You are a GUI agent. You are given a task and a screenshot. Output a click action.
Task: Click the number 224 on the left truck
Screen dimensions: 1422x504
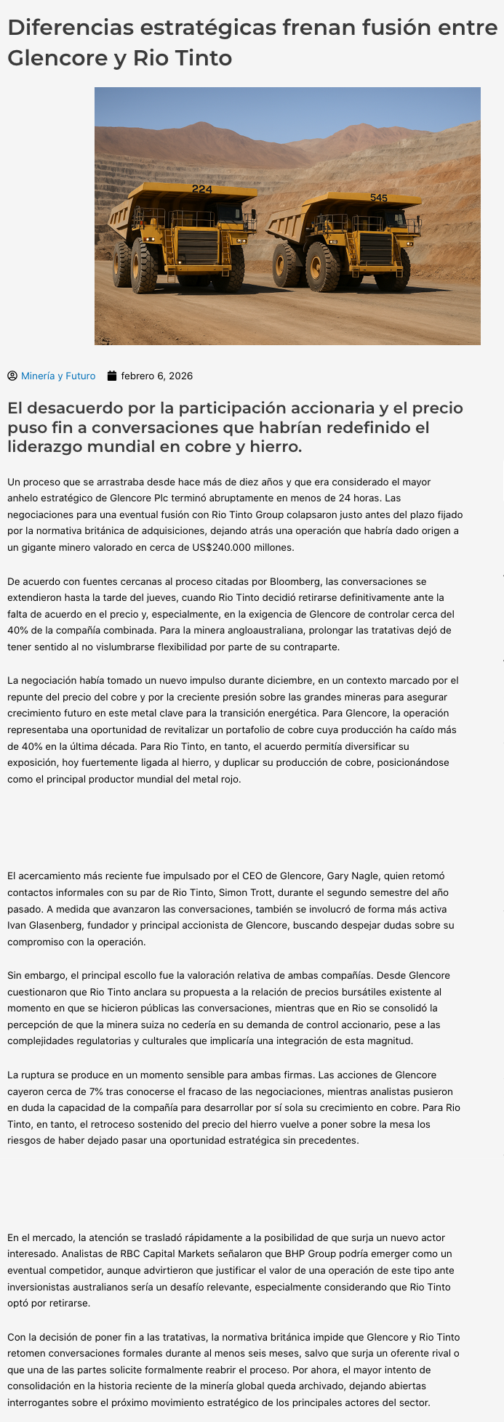201,190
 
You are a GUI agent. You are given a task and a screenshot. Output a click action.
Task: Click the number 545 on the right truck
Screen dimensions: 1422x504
378,198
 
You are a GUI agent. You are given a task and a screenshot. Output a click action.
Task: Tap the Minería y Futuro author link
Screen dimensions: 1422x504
58,376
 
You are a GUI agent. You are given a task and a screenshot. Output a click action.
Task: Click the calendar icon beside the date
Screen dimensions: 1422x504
112,376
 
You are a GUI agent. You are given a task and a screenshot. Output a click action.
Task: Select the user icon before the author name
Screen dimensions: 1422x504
12,376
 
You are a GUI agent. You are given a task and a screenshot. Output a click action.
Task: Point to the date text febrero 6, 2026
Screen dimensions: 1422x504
156,376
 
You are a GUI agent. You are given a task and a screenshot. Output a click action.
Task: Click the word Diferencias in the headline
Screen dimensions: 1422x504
71,28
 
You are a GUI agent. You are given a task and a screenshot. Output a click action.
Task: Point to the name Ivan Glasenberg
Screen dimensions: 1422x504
41,925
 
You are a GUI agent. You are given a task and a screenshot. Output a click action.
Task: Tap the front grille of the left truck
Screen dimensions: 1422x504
199,248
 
